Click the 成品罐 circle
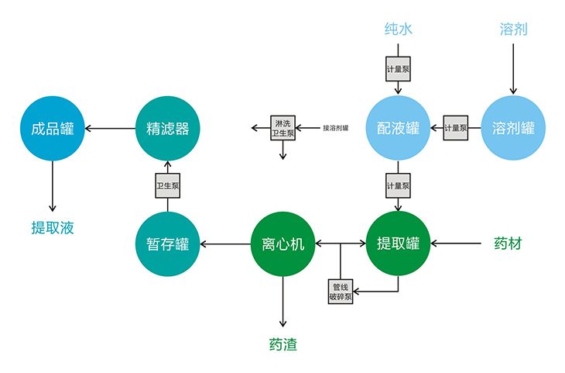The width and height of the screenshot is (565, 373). click(x=52, y=128)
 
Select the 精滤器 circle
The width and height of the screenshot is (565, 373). click(x=167, y=128)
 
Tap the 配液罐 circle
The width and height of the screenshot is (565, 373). click(x=398, y=128)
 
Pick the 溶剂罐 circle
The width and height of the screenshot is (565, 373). click(x=513, y=128)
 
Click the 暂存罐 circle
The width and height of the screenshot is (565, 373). click(x=167, y=244)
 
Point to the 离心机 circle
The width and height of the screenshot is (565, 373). click(x=282, y=244)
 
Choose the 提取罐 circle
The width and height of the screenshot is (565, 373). click(x=398, y=244)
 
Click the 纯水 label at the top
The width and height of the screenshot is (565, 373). click(x=398, y=29)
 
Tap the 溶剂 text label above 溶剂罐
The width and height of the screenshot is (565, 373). click(x=513, y=29)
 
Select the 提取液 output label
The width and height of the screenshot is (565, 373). click(x=52, y=227)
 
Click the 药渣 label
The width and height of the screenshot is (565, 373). click(x=282, y=344)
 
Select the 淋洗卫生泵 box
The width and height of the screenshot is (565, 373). click(x=282, y=128)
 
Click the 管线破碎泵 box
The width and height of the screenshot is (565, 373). click(x=341, y=292)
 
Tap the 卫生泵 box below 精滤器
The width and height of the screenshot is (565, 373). click(x=167, y=186)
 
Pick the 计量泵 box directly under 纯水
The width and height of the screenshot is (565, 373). click(x=398, y=68)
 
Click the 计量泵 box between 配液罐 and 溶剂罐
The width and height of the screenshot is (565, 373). click(x=456, y=128)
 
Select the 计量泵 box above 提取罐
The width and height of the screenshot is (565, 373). click(x=398, y=186)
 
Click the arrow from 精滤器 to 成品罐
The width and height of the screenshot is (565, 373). click(x=109, y=128)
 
